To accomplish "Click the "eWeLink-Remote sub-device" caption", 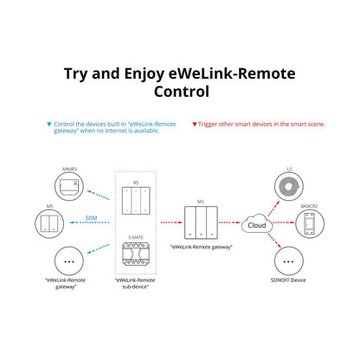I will (137, 286).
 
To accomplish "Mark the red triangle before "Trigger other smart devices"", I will (195, 125).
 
